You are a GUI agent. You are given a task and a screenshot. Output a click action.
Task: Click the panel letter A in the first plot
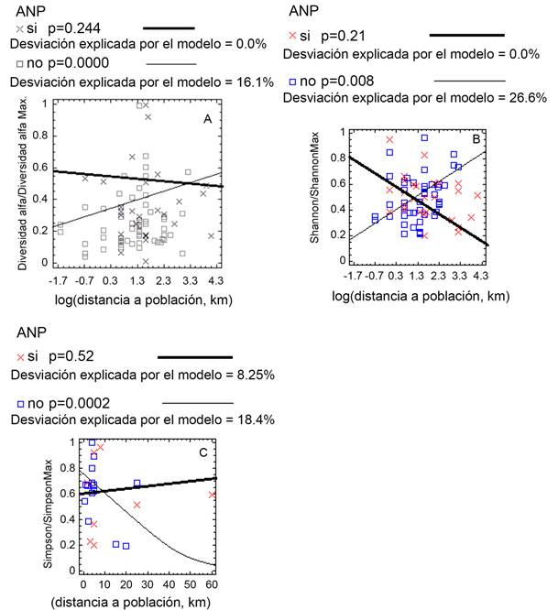(x=208, y=118)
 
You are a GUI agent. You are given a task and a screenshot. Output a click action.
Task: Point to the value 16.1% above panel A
(x=254, y=82)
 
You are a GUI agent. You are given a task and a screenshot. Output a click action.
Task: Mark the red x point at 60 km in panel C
(x=213, y=495)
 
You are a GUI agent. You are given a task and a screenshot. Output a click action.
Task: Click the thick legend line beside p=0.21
(x=466, y=34)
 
